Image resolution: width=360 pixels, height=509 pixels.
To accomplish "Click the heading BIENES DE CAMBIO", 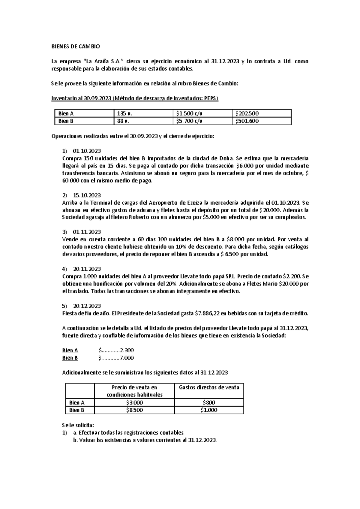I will click(76, 47).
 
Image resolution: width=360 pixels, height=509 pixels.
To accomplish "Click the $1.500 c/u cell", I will click(189, 113).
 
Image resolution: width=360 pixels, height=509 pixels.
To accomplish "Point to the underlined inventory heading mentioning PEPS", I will click(135, 98).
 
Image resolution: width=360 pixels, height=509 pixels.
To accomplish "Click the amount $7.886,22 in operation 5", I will click(206, 313).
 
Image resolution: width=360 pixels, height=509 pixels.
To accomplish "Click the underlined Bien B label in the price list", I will click(70, 358).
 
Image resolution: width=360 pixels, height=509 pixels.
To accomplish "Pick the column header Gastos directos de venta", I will click(209, 387).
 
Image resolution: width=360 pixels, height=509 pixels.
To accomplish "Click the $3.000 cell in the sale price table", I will click(134, 402).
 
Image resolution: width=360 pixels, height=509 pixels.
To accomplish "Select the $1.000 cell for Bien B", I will click(209, 410).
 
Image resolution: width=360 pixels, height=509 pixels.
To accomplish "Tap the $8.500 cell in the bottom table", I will click(134, 410).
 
